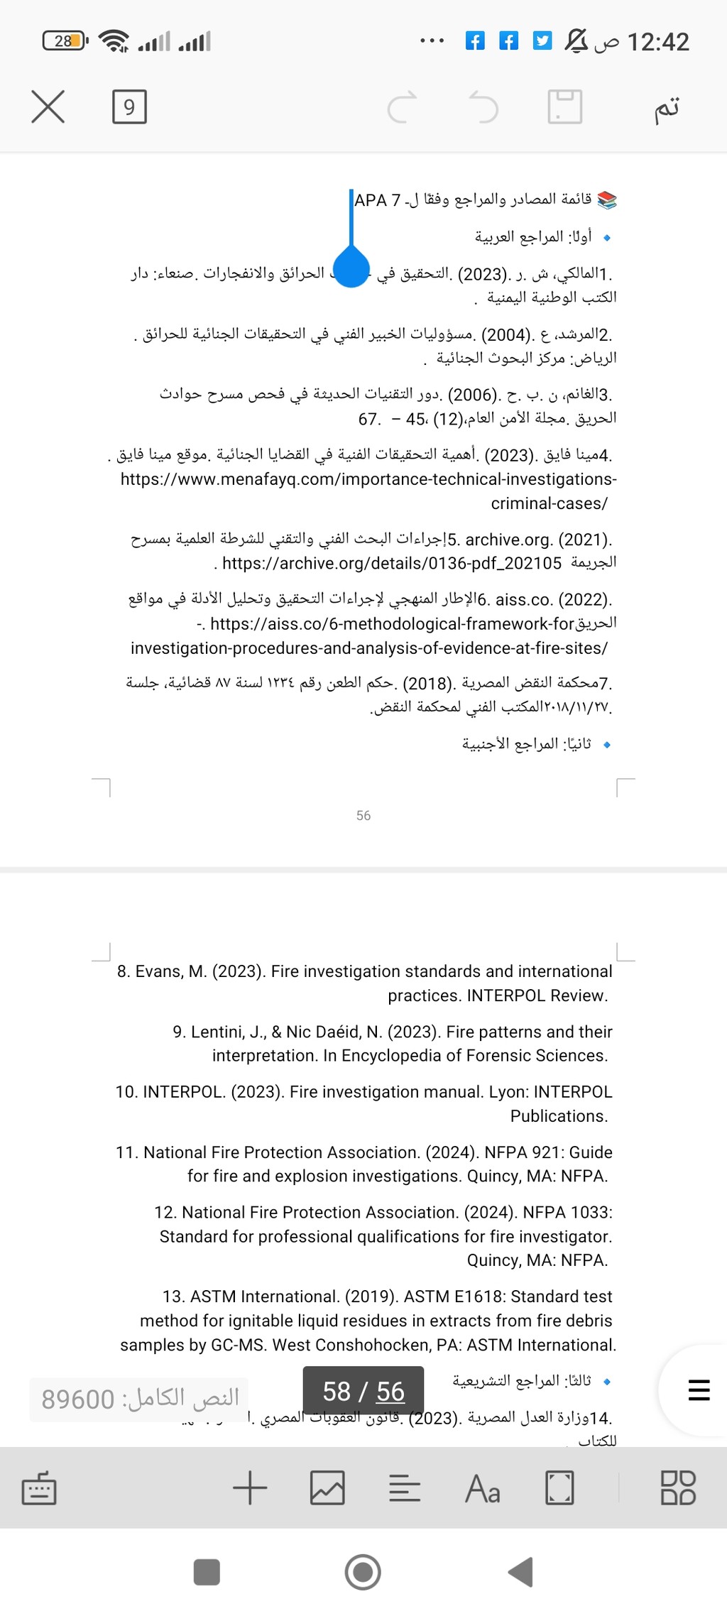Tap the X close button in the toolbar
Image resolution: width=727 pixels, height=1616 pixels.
(48, 107)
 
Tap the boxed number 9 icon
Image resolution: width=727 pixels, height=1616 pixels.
(129, 107)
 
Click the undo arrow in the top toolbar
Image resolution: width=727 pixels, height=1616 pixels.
(484, 107)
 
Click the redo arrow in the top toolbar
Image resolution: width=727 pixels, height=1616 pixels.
(402, 107)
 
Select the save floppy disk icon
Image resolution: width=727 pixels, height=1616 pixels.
(565, 107)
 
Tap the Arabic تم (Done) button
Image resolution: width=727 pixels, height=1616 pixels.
(667, 108)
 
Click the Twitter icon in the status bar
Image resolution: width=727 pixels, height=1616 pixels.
(542, 41)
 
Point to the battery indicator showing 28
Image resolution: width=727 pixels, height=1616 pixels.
(65, 41)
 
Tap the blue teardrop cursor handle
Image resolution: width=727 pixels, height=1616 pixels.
(351, 266)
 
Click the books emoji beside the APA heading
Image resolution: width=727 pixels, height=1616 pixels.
(607, 200)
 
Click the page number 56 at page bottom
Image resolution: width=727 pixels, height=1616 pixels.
(363, 816)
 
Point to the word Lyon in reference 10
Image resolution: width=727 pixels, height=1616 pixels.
(508, 1092)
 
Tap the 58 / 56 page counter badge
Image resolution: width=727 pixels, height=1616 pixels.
(363, 1392)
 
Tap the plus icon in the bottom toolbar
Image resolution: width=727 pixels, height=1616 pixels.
(250, 1488)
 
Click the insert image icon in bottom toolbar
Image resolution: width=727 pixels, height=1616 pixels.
(327, 1488)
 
